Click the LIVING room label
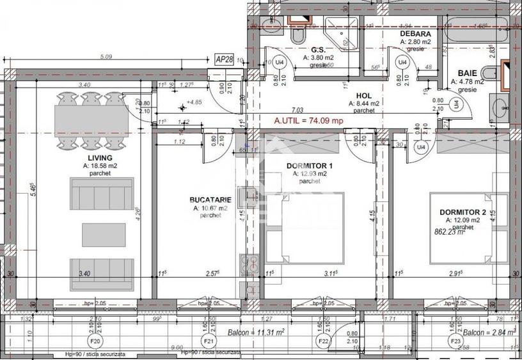pos(100,157)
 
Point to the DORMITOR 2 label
pos(463,212)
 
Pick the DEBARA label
pos(415,33)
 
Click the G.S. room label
pos(319,49)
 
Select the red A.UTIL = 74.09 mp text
pos(308,120)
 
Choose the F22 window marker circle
pos(324,341)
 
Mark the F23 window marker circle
pos(456,341)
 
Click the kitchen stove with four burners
pos(249,265)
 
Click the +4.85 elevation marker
pos(191,102)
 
